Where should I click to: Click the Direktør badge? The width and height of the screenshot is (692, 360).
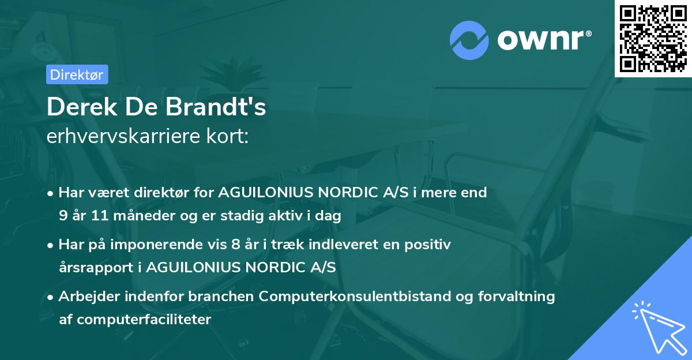[x=77, y=74]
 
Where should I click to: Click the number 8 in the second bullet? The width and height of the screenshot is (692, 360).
[x=236, y=245]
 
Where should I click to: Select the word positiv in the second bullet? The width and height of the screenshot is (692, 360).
[x=430, y=245]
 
